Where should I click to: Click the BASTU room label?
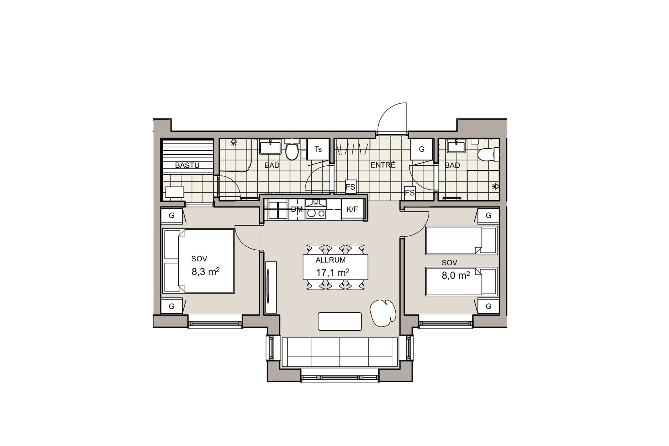click(187, 165)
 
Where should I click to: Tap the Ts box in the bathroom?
click(318, 149)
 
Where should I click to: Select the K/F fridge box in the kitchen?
click(352, 209)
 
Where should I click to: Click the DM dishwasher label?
click(297, 209)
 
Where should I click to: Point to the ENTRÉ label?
click(383, 165)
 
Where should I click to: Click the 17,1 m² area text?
click(333, 272)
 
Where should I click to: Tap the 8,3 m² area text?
click(205, 272)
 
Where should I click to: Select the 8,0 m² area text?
click(456, 275)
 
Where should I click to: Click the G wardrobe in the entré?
click(422, 149)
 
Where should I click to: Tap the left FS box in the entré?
click(351, 187)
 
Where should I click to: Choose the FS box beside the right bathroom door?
click(410, 192)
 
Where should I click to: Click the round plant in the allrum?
click(383, 313)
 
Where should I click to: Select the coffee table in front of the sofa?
click(340, 322)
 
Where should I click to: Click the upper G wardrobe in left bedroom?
click(171, 216)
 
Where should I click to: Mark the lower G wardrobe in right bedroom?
click(489, 306)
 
